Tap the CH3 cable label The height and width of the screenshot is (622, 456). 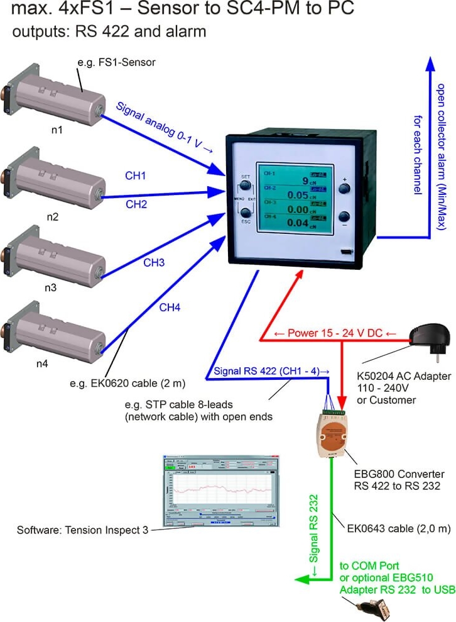[x=154, y=263]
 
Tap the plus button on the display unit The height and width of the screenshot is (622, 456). [x=344, y=187]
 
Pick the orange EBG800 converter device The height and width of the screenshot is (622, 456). [x=331, y=433]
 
